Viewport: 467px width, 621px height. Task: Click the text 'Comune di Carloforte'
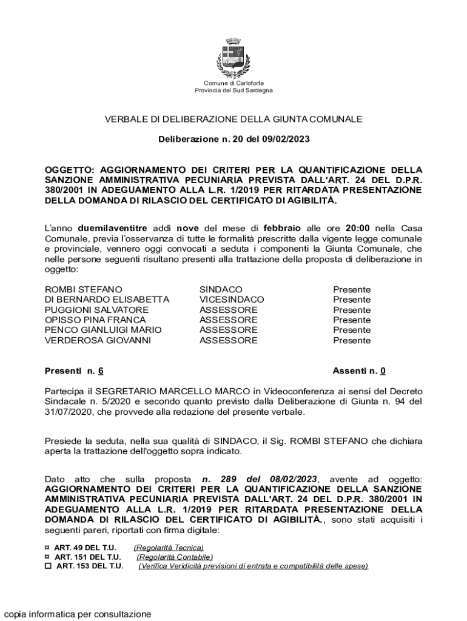tap(233, 83)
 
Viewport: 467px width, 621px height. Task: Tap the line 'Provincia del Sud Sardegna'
tap(233, 90)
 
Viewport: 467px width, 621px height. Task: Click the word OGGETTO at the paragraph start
tap(70, 170)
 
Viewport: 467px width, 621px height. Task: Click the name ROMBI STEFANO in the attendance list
tap(84, 290)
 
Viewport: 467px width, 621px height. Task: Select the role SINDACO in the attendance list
tap(221, 290)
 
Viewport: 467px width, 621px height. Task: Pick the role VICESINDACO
tap(232, 300)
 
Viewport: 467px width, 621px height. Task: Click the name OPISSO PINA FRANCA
tap(95, 320)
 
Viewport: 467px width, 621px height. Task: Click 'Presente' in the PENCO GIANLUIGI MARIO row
tap(352, 330)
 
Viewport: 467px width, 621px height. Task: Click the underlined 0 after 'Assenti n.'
tap(383, 371)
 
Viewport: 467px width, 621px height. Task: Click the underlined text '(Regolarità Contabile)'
tap(175, 557)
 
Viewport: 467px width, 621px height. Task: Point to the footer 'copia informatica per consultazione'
tap(77, 614)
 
